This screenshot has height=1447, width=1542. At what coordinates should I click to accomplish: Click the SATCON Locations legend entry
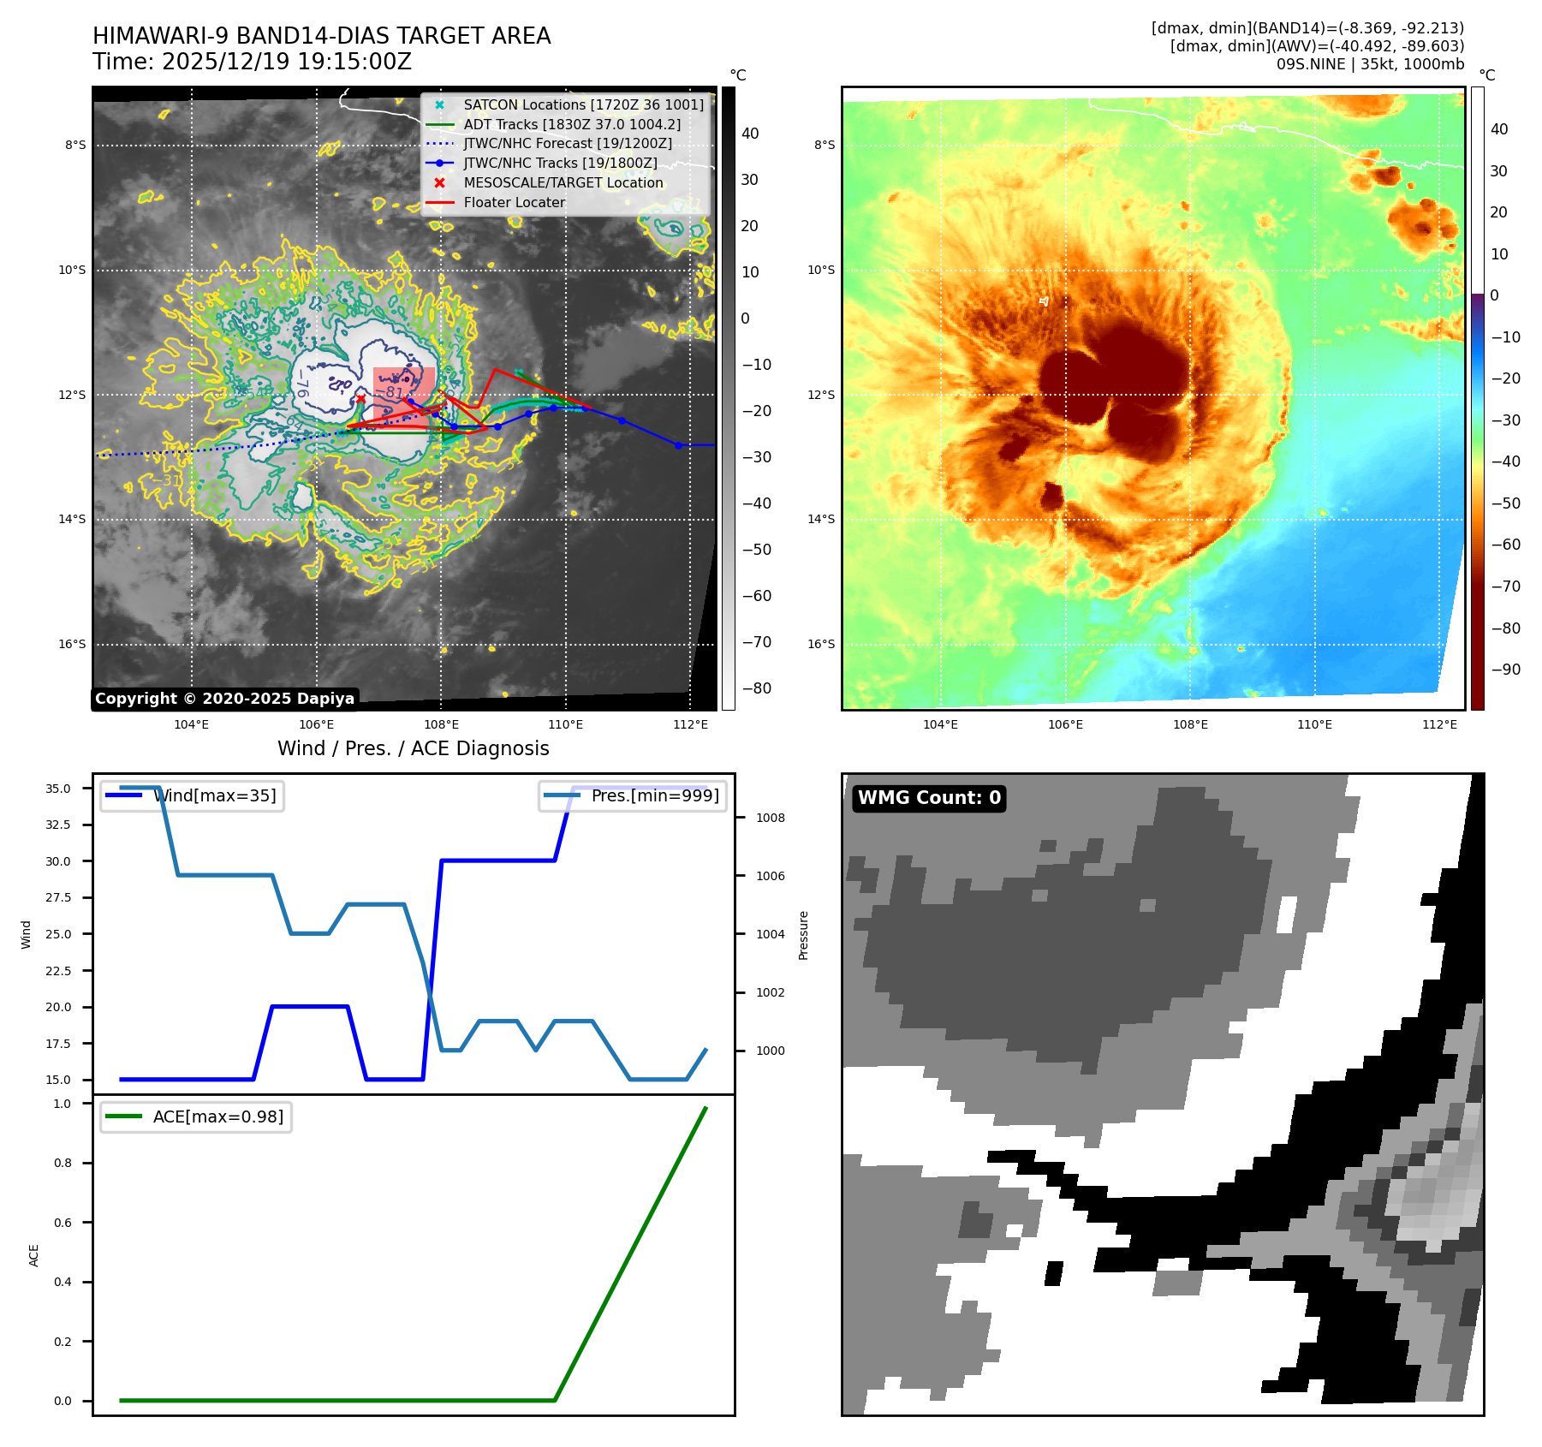coord(583,104)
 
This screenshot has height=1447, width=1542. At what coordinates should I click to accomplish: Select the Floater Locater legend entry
coord(514,203)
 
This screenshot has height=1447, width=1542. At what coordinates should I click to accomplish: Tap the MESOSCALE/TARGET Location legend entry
coord(563,183)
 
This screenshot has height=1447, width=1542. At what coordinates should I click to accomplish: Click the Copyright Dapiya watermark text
coord(224,699)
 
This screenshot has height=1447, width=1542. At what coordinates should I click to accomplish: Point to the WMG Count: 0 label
coord(929,798)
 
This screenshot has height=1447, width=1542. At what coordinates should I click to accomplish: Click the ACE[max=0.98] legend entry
coord(217,1117)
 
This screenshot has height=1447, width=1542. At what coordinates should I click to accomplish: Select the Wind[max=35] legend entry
coord(214,796)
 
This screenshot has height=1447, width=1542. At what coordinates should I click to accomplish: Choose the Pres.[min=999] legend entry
coord(654,796)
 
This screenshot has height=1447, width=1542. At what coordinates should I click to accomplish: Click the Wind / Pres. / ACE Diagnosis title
coord(414,748)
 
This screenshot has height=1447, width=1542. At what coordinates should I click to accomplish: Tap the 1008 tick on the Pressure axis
coord(770,818)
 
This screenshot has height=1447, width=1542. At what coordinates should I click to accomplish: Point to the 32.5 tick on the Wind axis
coord(58,825)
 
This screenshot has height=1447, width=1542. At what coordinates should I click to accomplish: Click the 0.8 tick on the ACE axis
coord(63,1163)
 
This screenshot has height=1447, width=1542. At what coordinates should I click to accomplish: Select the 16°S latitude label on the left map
coord(72,644)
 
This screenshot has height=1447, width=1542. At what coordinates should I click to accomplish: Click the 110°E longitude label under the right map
coord(1314,724)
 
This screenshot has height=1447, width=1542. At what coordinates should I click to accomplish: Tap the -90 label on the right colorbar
coord(1505,670)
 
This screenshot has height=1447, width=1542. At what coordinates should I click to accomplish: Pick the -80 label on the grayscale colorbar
coord(756,688)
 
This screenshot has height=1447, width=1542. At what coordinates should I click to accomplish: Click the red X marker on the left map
coord(360,399)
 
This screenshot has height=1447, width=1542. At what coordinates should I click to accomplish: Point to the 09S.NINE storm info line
coord(1370,64)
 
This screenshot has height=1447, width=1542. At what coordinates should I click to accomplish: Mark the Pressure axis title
coord(803,935)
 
